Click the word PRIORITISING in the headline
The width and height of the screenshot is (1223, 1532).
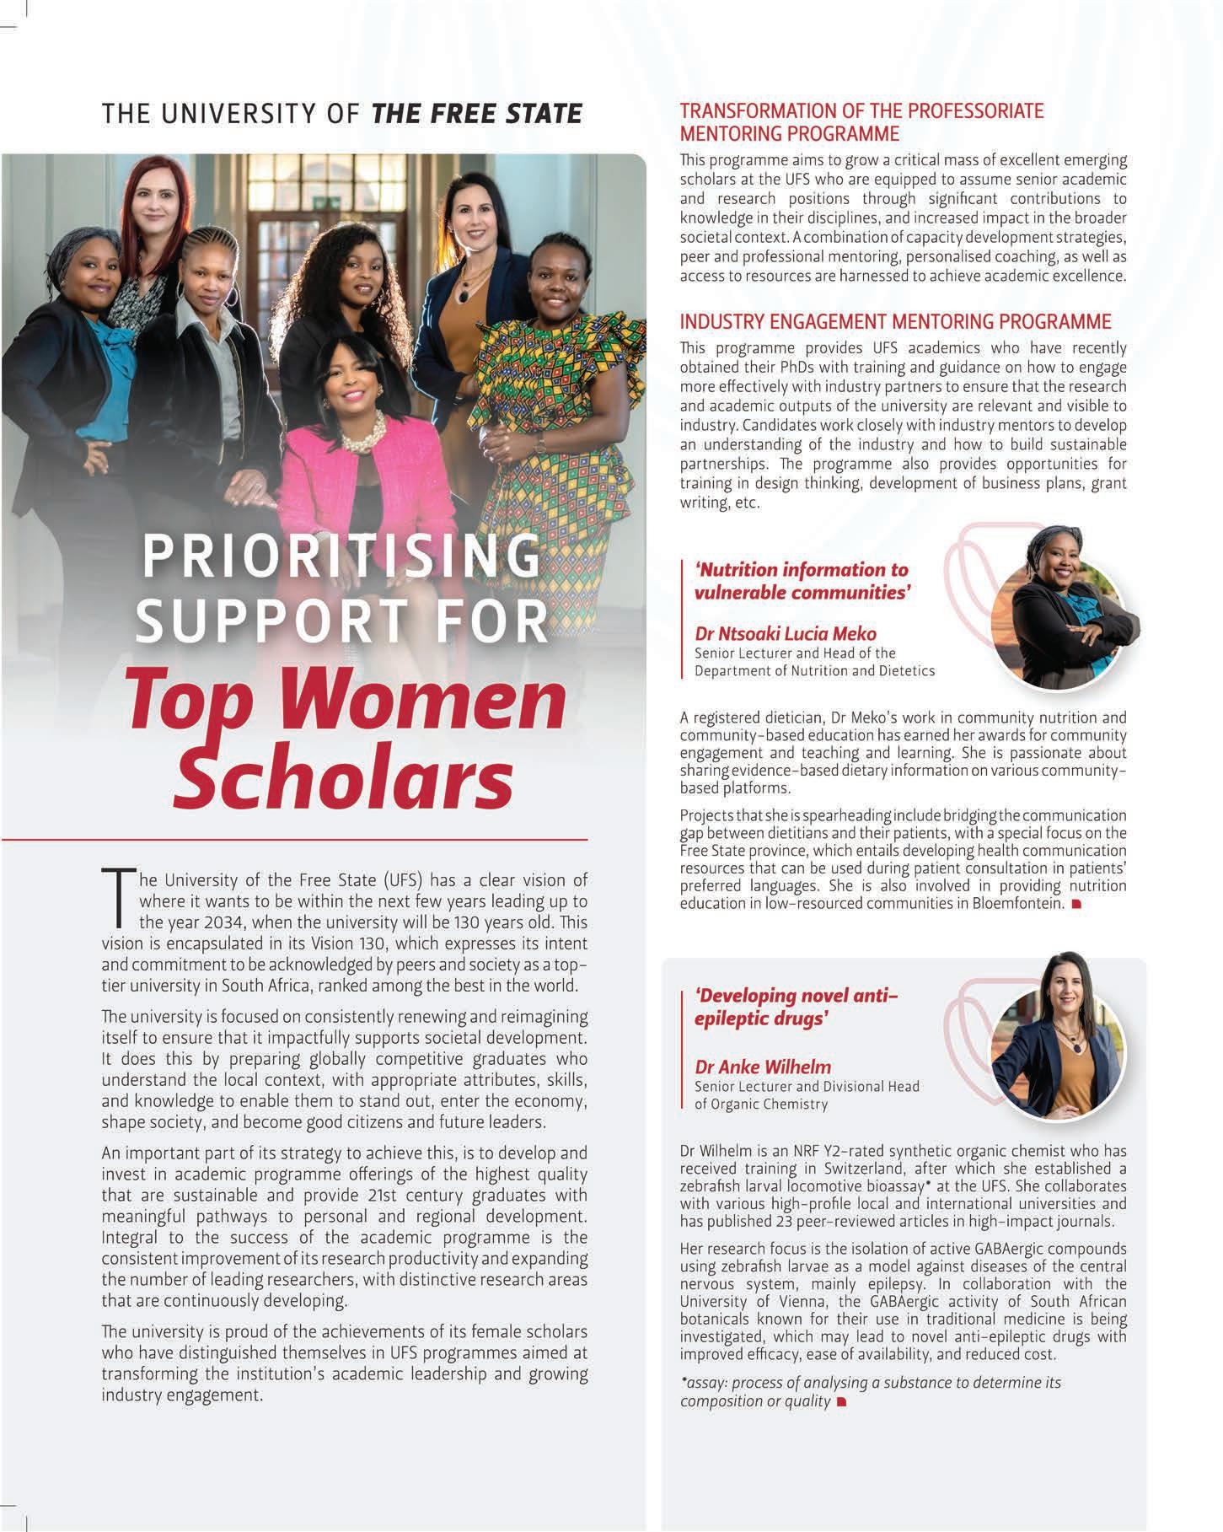(x=341, y=558)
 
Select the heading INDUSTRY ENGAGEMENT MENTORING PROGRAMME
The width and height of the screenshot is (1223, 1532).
(x=895, y=321)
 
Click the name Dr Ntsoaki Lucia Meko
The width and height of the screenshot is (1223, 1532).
(x=786, y=633)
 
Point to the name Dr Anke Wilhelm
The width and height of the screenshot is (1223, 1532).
(x=763, y=1066)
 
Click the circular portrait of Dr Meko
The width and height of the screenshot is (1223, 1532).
(x=1058, y=605)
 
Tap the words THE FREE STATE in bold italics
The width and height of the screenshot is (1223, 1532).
(x=476, y=113)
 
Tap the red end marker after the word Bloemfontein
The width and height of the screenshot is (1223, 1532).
(x=1075, y=905)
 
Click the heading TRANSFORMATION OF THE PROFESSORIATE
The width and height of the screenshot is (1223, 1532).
(x=861, y=111)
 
